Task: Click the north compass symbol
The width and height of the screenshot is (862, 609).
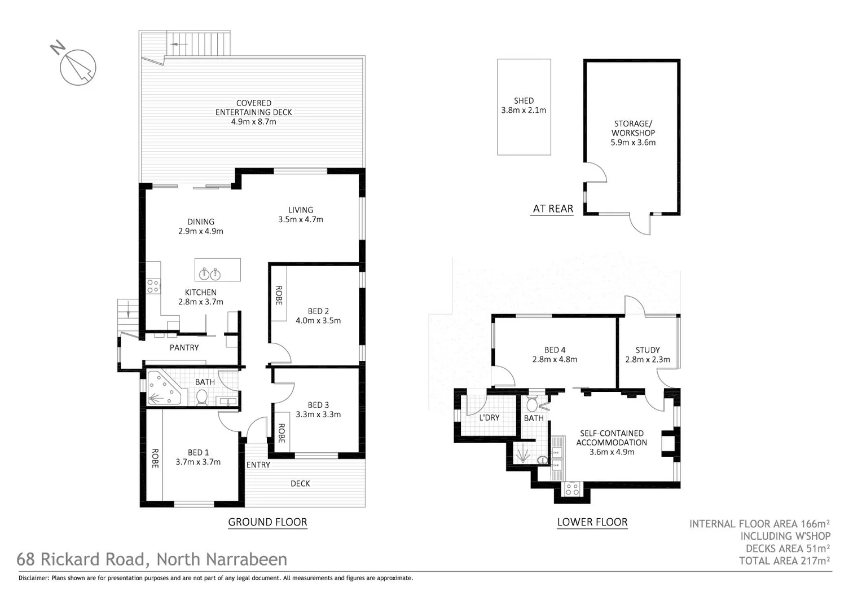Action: (78, 67)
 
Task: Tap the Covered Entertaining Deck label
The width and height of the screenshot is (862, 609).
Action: (253, 107)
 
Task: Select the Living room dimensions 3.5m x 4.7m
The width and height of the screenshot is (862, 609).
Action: (301, 219)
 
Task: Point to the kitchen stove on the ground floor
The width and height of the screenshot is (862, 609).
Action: (153, 286)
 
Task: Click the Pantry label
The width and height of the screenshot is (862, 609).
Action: (184, 347)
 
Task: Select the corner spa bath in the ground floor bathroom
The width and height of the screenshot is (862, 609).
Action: (164, 389)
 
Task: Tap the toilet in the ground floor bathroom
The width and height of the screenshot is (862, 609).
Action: (201, 398)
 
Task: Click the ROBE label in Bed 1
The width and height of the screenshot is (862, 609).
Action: (154, 458)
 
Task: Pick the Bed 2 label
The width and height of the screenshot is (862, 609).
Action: (318, 311)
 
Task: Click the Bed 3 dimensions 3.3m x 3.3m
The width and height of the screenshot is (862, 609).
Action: (318, 414)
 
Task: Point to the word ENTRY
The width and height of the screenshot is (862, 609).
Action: (258, 465)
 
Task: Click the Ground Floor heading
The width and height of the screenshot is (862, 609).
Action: (267, 522)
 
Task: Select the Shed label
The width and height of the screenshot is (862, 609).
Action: (524, 101)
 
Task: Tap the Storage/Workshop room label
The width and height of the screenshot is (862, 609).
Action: (633, 128)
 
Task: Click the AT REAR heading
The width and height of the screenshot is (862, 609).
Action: (553, 209)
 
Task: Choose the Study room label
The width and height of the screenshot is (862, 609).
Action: (647, 350)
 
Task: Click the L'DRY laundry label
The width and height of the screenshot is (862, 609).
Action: (489, 418)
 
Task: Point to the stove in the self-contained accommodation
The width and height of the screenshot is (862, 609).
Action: (572, 489)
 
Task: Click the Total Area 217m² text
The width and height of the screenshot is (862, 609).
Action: (784, 561)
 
